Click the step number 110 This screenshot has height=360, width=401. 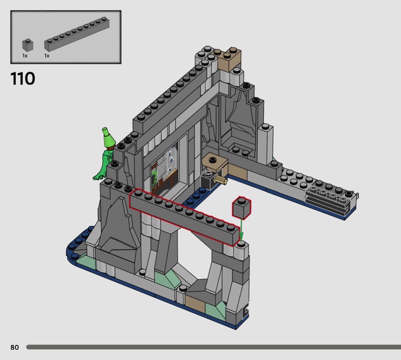click(23, 79)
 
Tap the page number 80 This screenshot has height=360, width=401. click(15, 347)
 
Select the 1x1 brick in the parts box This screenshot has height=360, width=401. click(28, 45)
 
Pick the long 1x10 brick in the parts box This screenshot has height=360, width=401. click(77, 34)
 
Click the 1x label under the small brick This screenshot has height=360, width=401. click(25, 56)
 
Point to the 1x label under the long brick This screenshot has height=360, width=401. click(47, 56)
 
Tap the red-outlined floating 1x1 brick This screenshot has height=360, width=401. click(242, 208)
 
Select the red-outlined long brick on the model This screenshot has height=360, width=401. click(184, 218)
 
